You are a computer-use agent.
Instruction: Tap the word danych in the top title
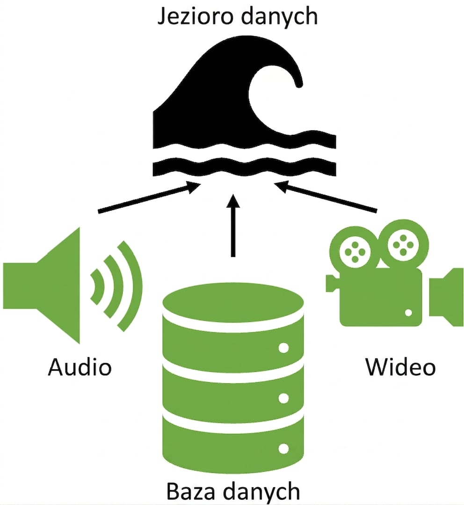279,17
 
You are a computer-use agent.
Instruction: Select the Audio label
80,366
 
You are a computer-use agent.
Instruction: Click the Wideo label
400,366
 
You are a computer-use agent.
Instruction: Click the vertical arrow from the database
233,225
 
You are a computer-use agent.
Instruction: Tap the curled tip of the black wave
298,84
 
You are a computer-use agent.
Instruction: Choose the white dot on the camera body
408,312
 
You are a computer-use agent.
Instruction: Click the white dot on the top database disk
283,348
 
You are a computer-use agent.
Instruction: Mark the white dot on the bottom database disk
283,449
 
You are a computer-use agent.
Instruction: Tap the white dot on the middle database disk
283,398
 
